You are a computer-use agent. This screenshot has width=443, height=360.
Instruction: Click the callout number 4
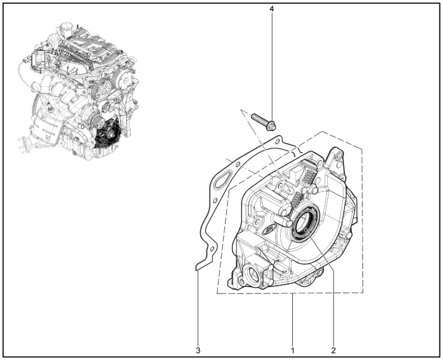click(x=272, y=9)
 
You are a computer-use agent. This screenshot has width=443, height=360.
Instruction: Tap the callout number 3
click(x=198, y=351)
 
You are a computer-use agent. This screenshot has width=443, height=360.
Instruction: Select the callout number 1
click(x=293, y=351)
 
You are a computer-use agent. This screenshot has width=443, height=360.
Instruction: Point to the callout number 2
click(x=333, y=351)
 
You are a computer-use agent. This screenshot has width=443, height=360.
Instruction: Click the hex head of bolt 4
click(x=272, y=126)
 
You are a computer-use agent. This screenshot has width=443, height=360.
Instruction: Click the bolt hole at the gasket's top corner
click(x=278, y=141)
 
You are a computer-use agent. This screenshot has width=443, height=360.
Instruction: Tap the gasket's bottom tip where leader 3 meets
click(x=197, y=268)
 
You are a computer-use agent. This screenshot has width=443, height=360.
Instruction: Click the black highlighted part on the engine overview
click(x=107, y=134)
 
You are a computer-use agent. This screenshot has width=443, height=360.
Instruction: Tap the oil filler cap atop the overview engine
click(x=65, y=28)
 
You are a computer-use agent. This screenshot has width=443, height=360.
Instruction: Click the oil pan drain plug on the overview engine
click(x=74, y=153)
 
